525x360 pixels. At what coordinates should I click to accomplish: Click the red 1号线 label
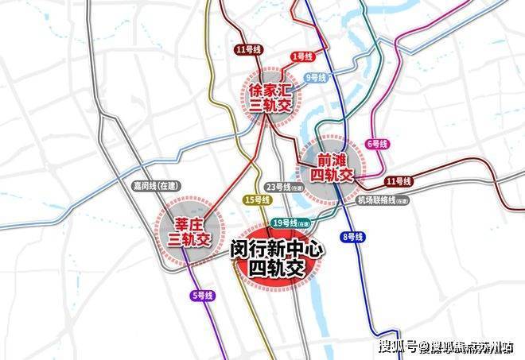[x=302, y=56]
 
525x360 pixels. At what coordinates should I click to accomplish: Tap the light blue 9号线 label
[x=317, y=78]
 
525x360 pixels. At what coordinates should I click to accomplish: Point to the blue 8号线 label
[x=352, y=237]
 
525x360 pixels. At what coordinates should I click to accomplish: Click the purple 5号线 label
[x=204, y=296]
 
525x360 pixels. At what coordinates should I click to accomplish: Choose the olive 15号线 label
[x=258, y=199]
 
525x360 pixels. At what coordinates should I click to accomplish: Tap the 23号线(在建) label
[x=284, y=188]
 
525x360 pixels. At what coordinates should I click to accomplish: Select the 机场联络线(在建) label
[x=383, y=200]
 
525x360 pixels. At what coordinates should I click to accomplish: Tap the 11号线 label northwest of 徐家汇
[x=248, y=50]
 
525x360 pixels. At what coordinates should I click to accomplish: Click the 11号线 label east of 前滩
[x=396, y=182]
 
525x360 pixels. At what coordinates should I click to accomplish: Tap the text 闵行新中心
[x=277, y=249]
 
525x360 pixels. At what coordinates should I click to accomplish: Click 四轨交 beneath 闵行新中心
[x=277, y=269]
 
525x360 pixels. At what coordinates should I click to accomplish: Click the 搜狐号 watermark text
[x=399, y=346]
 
